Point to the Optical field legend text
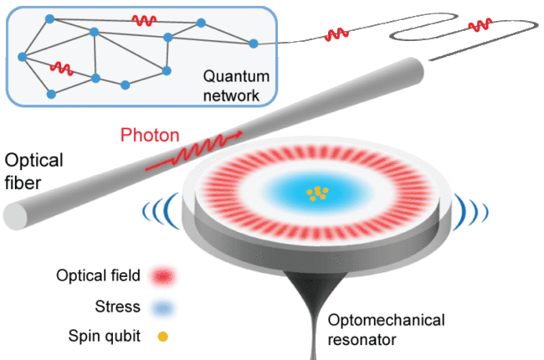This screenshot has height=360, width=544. point(99,275)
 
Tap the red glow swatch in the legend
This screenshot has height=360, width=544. point(162,275)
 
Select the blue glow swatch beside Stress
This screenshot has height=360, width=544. point(162,307)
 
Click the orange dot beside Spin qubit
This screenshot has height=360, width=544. point(162,338)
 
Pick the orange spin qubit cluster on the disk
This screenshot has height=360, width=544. point(316,193)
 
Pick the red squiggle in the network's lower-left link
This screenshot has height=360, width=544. point(61,67)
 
